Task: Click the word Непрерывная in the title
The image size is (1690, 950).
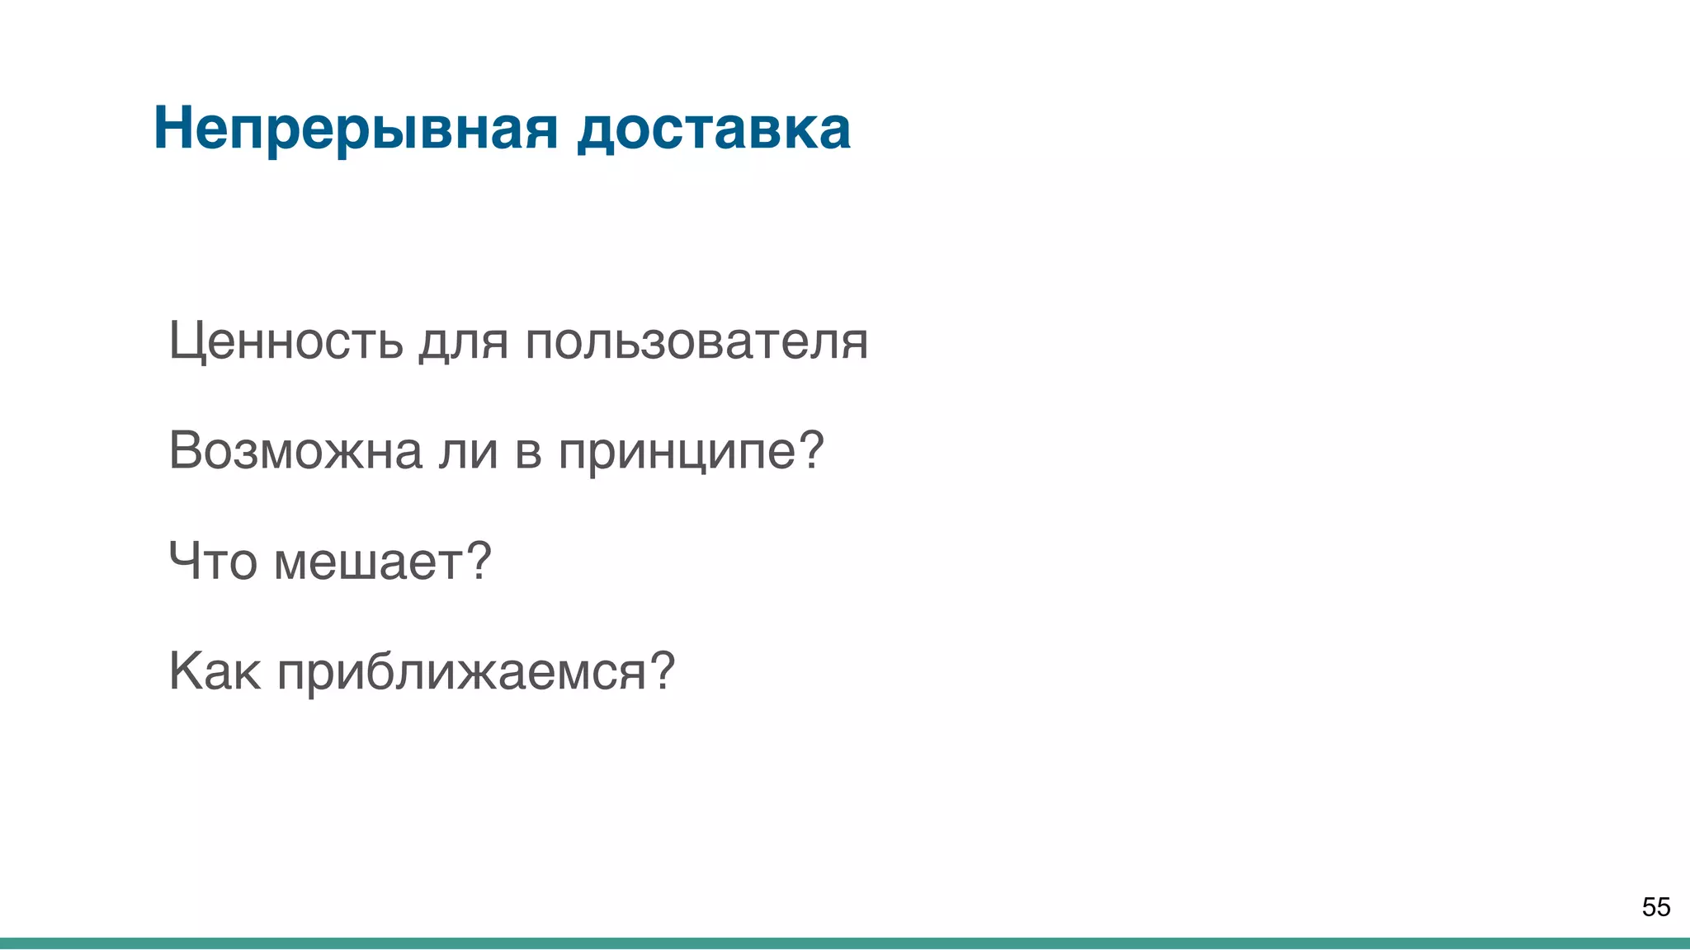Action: coord(356,129)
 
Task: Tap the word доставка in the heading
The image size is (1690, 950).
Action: coord(714,129)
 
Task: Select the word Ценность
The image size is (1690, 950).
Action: coord(286,341)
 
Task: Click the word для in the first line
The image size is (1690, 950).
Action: coord(463,342)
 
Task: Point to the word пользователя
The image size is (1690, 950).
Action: coord(696,341)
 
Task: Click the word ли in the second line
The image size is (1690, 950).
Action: coord(468,451)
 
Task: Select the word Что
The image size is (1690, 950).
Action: coord(213,561)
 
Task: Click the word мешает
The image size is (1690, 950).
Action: coord(369,562)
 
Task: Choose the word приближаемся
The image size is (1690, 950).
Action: coord(462,672)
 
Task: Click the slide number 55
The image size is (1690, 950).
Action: coord(1655,907)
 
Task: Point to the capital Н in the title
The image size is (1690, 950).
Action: coord(172,129)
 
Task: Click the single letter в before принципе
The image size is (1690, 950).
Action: coord(528,453)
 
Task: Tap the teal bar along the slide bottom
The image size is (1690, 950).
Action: coord(845,943)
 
